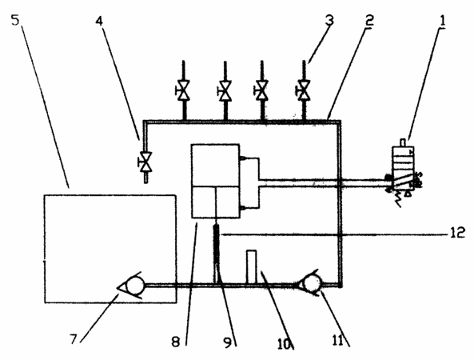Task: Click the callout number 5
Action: (15, 20)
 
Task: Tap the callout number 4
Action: (99, 21)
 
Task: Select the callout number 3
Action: (329, 20)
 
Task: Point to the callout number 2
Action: (369, 20)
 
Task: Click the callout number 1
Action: (442, 21)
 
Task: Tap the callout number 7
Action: (74, 339)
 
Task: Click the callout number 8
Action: (176, 342)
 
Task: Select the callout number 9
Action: (228, 342)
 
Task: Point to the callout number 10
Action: (284, 343)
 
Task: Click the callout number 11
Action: (338, 341)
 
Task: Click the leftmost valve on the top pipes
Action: (183, 90)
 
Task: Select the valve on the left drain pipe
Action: (145, 162)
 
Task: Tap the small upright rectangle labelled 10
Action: (252, 267)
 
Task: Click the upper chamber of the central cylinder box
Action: (216, 165)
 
